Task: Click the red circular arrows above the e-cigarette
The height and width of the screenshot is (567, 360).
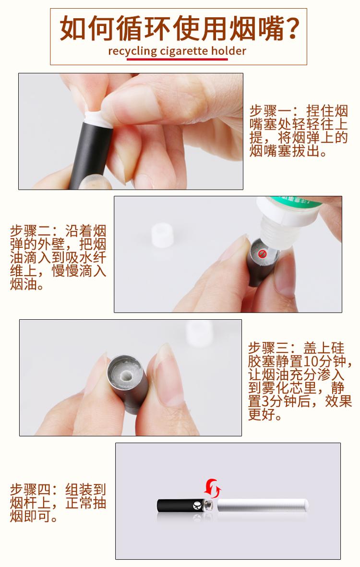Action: coord(212,489)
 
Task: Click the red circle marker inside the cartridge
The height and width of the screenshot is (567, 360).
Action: coord(262,253)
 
